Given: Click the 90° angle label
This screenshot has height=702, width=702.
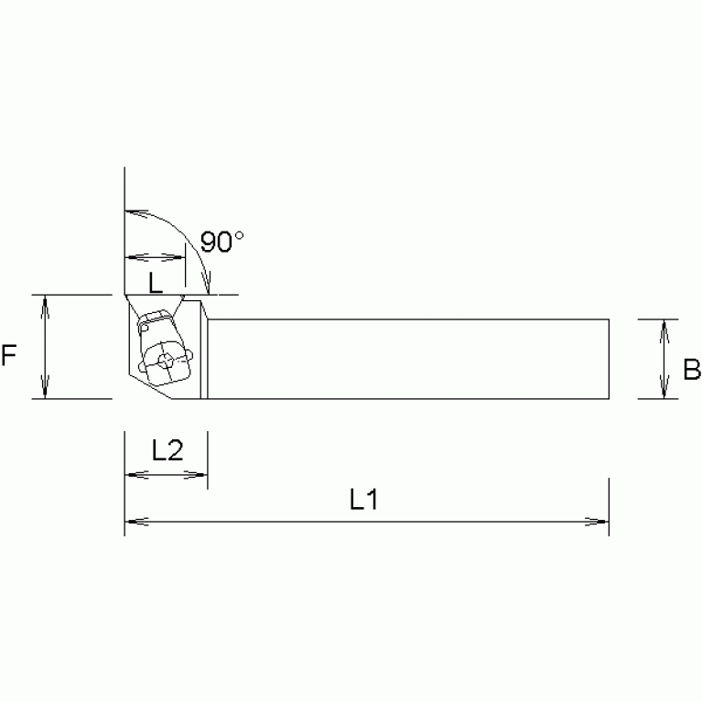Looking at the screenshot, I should [221, 243].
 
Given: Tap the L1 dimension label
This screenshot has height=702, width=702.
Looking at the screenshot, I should [364, 499].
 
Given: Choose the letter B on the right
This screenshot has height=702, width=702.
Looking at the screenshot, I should [691, 370].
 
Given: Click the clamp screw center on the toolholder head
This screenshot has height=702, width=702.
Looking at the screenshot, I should [165, 361].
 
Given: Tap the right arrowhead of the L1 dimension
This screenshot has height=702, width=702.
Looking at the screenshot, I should [601, 523].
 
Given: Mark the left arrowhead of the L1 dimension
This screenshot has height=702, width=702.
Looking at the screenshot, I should [132, 523].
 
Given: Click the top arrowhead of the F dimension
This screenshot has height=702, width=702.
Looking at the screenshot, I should [45, 302].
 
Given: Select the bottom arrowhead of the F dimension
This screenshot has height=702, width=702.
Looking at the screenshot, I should [45, 392].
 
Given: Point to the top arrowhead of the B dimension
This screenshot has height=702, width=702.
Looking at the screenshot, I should [665, 326].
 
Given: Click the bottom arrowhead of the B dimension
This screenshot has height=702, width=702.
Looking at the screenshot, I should [665, 392].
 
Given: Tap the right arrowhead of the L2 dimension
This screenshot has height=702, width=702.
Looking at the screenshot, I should [201, 475].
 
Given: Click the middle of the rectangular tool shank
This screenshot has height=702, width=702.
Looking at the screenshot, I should [407, 359].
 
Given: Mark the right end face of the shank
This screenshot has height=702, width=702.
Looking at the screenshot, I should [608, 359].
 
